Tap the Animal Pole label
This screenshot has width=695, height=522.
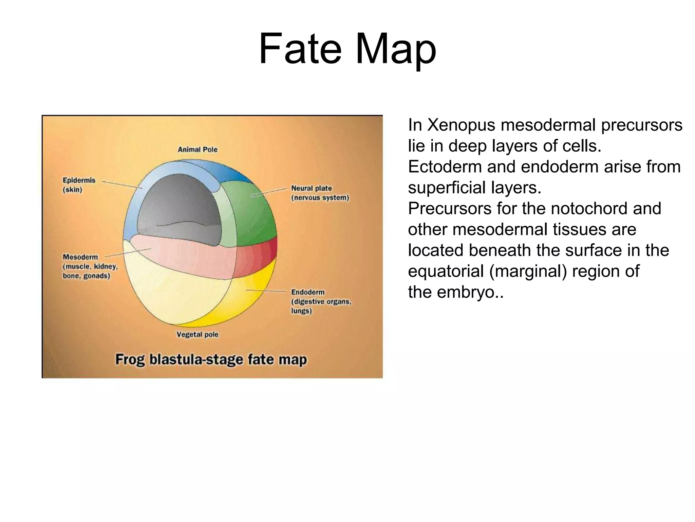coord(198,150)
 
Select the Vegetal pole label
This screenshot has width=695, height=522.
coord(197,334)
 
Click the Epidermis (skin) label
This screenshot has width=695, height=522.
coord(79,185)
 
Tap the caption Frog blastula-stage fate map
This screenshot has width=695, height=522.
coord(211,360)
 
